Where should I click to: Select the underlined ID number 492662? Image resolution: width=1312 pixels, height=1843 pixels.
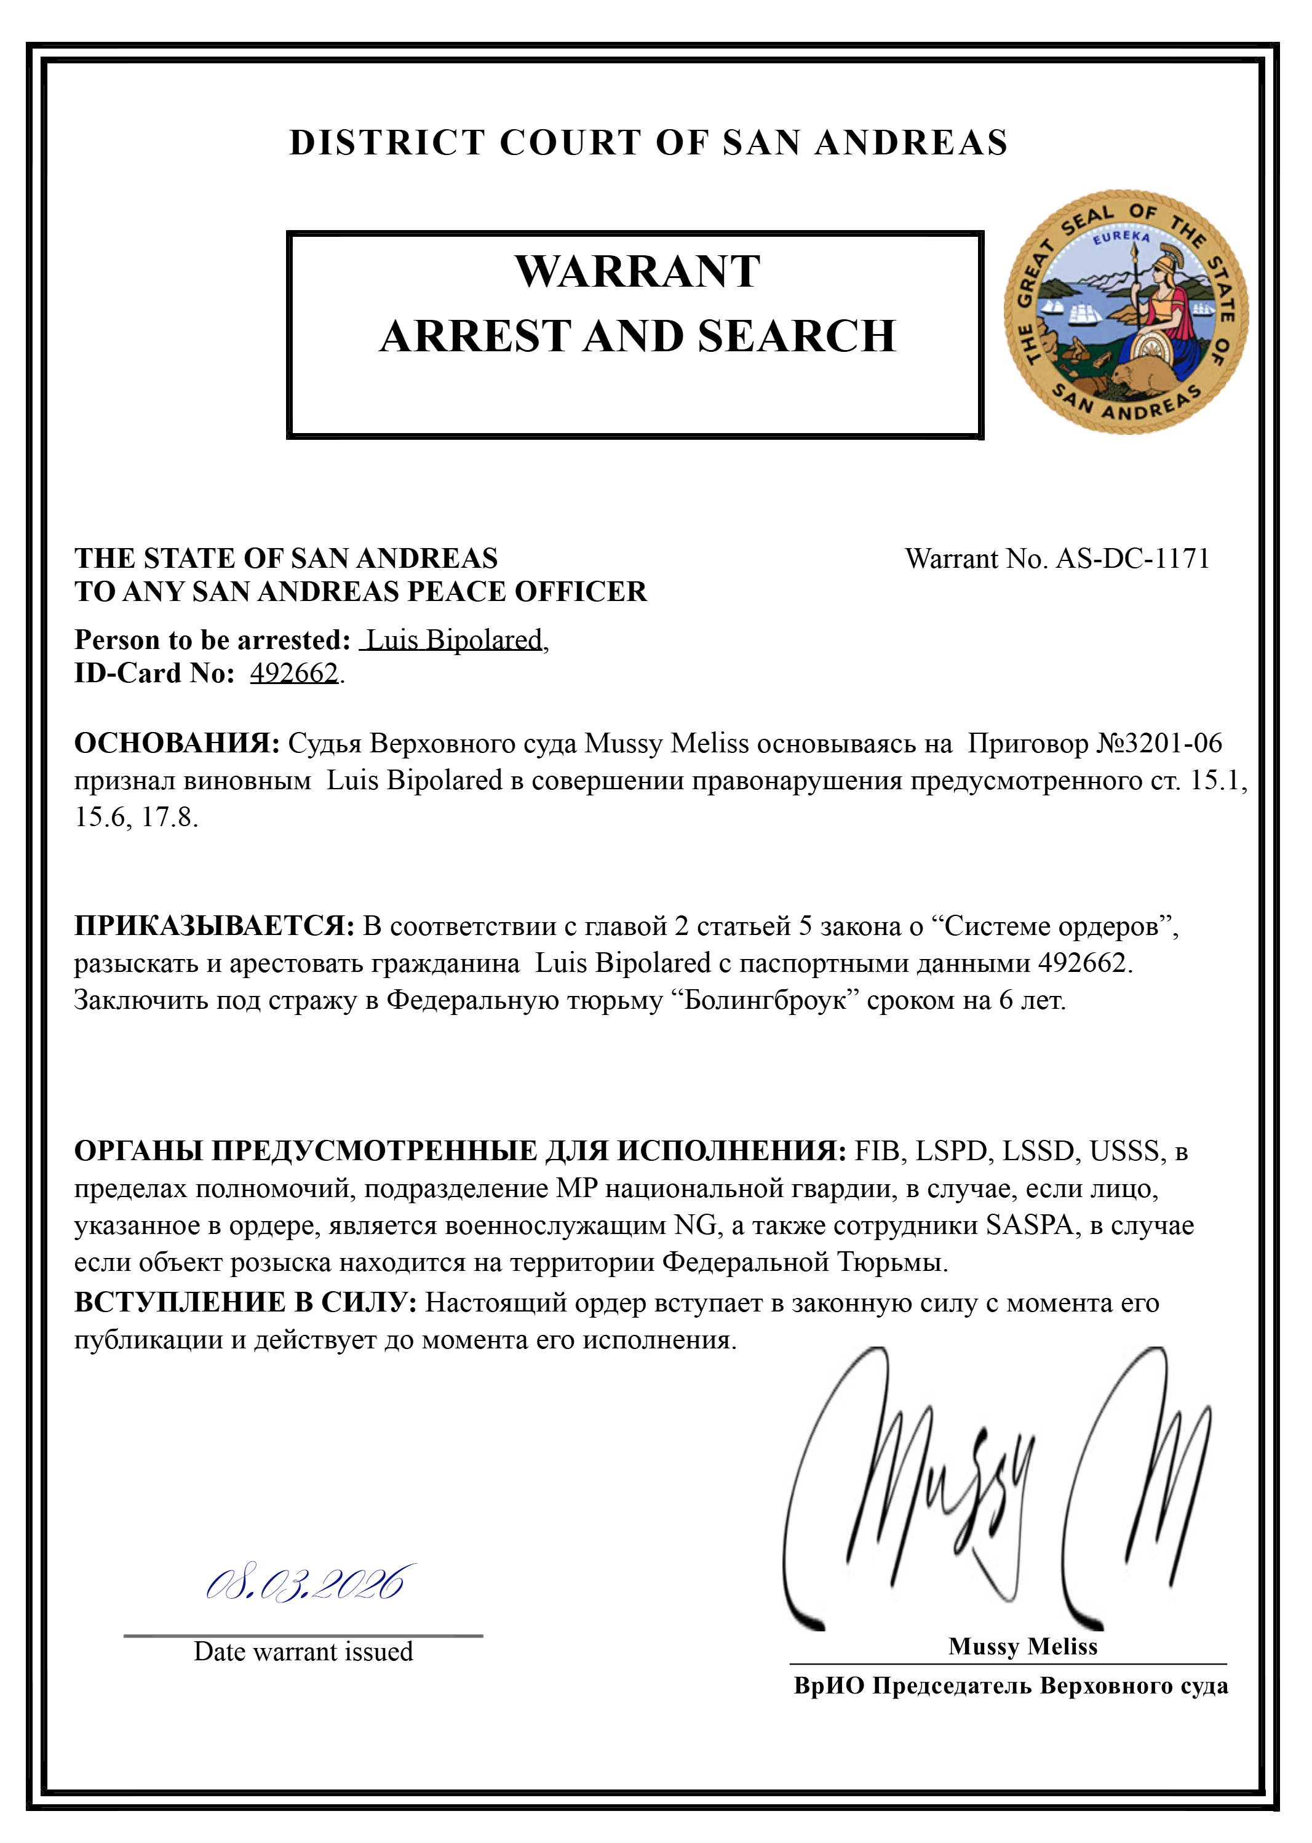click(x=293, y=673)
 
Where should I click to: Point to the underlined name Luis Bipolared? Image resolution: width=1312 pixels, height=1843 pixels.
click(x=454, y=640)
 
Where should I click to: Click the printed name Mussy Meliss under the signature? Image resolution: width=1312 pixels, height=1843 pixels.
click(x=1023, y=1646)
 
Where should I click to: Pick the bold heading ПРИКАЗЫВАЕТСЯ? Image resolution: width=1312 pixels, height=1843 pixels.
click(x=214, y=926)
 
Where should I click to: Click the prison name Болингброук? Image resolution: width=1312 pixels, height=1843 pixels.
click(x=766, y=1000)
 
